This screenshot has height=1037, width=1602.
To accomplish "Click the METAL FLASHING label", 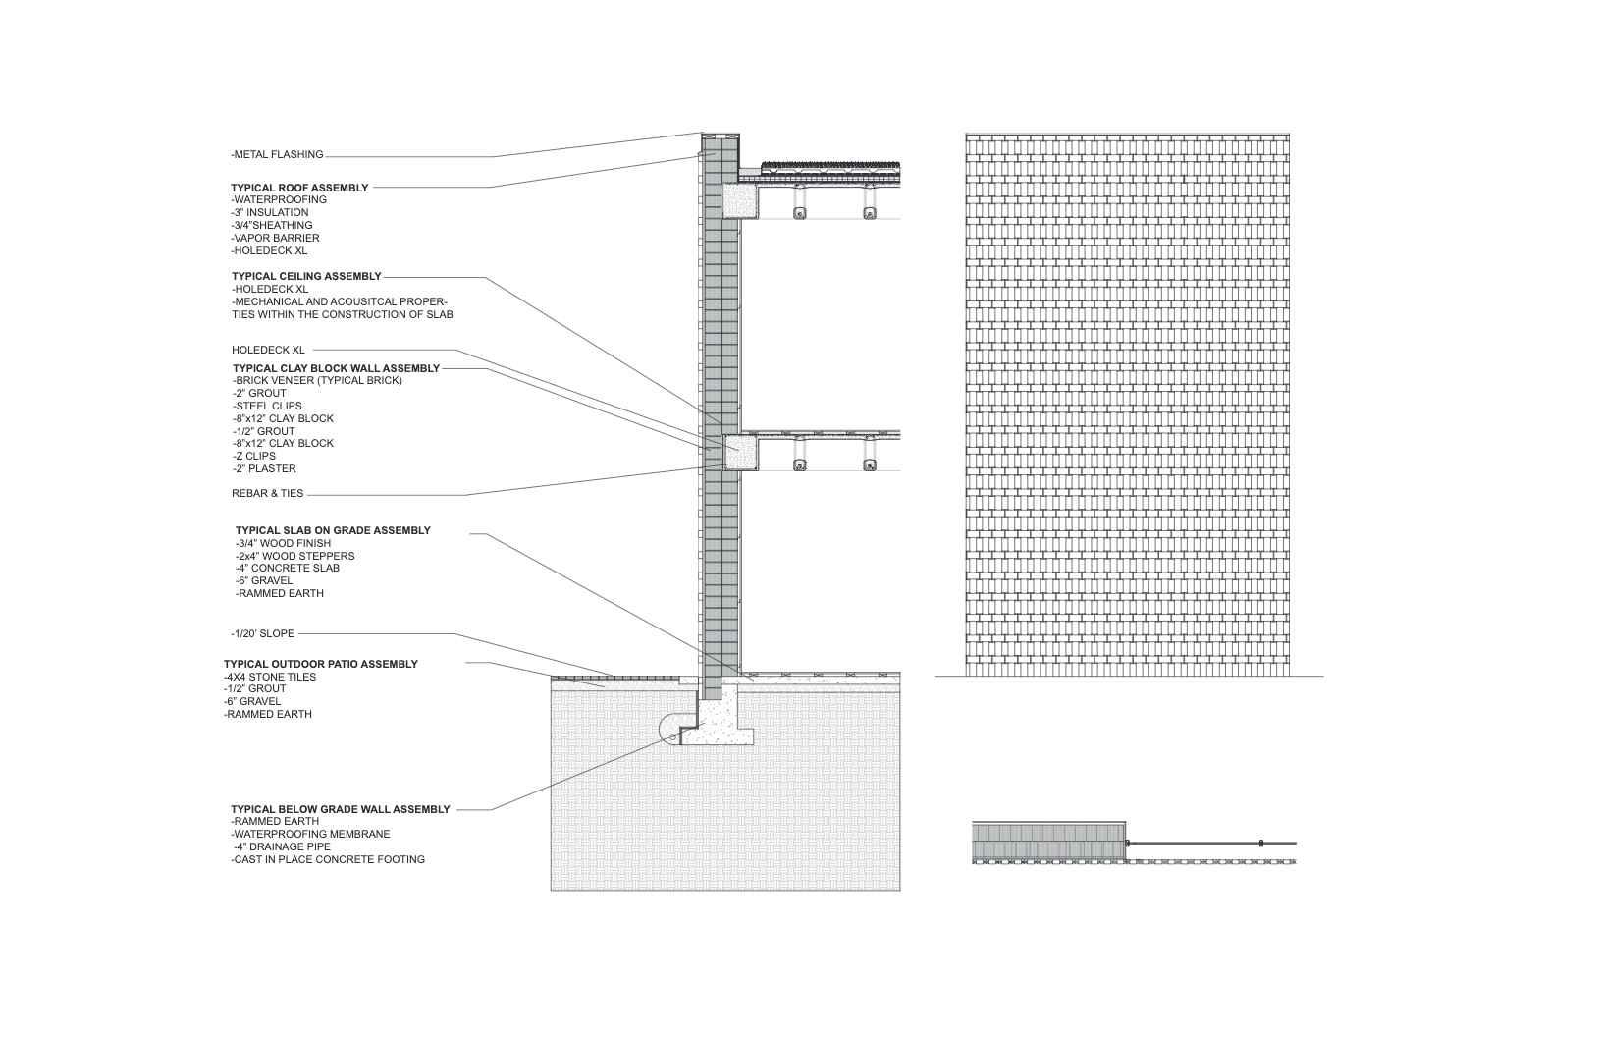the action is tap(278, 154).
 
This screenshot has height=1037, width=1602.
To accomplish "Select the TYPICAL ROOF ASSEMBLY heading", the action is tap(299, 188).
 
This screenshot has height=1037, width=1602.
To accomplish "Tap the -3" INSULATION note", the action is tap(270, 212).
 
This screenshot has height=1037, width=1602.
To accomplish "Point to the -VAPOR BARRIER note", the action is tap(275, 238).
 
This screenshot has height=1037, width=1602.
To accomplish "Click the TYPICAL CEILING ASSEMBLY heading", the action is tap(306, 276).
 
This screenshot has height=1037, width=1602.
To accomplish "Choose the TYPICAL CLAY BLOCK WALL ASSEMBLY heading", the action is tap(336, 368).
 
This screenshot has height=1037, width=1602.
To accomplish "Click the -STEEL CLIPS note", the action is tap(267, 406).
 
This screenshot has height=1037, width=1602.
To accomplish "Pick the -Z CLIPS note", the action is tap(254, 456).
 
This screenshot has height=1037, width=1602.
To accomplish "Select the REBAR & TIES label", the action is tap(267, 493).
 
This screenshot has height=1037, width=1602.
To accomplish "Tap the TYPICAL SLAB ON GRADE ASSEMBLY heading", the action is tap(333, 530).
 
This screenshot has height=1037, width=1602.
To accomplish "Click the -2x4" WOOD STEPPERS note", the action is tap(294, 556).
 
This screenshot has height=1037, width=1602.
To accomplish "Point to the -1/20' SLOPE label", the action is tap(262, 633).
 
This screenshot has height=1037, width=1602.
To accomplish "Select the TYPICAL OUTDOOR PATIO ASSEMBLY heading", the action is tap(320, 664).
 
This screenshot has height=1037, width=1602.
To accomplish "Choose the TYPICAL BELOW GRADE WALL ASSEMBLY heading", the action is tap(340, 809).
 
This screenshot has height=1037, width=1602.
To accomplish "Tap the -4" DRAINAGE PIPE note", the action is tap(281, 846).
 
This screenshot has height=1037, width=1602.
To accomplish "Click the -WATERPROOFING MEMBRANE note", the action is tap(310, 834).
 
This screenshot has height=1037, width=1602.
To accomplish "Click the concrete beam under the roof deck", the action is tap(738, 201).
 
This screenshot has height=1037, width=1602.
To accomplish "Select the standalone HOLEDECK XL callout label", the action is tap(268, 350).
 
